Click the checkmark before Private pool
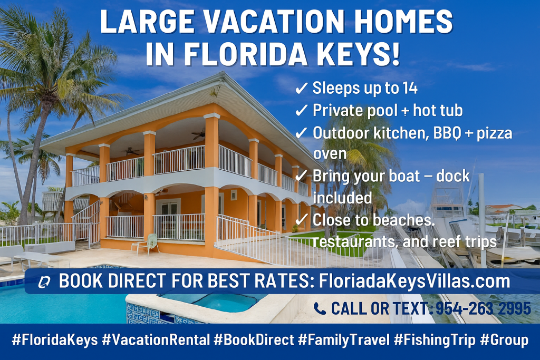point(301,111)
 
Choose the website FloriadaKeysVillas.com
point(414,281)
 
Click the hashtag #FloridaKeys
point(54,340)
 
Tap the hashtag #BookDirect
point(254,340)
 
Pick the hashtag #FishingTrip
point(435,340)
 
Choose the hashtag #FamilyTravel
point(344,340)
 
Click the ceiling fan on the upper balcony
point(199,134)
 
